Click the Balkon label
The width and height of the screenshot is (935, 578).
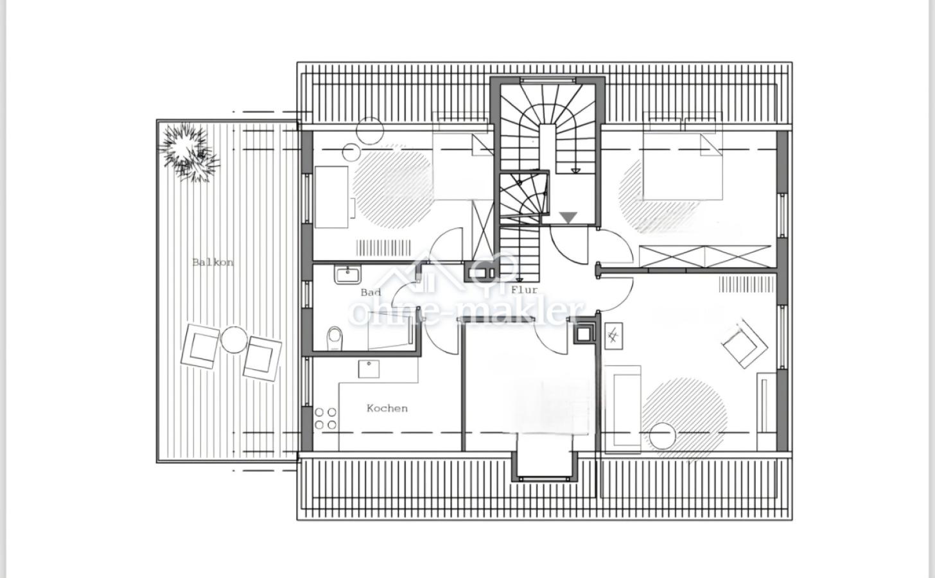213,263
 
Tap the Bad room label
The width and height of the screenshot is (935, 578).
371,293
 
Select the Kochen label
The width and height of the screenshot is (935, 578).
387,408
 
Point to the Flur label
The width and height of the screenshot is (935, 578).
525,290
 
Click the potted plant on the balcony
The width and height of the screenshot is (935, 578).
189,151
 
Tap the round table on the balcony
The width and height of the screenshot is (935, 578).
233,340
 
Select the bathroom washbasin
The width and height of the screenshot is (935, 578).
347,275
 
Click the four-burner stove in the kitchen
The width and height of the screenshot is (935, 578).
326,419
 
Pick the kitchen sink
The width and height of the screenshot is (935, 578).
369,369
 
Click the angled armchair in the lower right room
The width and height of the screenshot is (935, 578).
745,344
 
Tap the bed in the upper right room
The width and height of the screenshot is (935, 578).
683,166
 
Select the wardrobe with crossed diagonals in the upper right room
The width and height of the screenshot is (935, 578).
705,257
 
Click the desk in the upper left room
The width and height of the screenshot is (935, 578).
331,197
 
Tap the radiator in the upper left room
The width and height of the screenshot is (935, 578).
383,247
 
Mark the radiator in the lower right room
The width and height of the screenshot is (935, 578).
747,285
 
